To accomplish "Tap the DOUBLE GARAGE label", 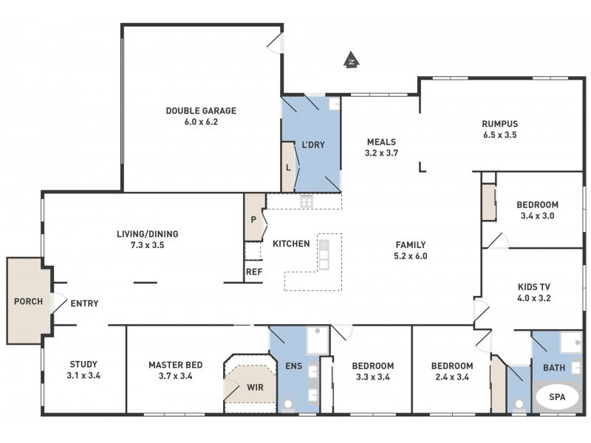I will click(201, 111).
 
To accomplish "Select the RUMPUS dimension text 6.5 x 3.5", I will click(499, 136).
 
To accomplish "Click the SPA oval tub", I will click(558, 397).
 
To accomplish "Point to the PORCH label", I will click(28, 301).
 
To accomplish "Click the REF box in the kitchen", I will click(253, 272).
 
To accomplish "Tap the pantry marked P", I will click(254, 219).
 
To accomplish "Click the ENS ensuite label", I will click(293, 365).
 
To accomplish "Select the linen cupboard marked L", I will click(288, 168).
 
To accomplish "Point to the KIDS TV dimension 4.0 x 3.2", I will click(535, 299).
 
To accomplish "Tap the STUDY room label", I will click(83, 364).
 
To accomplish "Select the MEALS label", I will click(381, 142).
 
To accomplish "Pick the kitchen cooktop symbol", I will click(306, 201).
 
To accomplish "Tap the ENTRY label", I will click(84, 303).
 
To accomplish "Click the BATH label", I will click(554, 368).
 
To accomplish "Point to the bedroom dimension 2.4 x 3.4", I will click(451, 377).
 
